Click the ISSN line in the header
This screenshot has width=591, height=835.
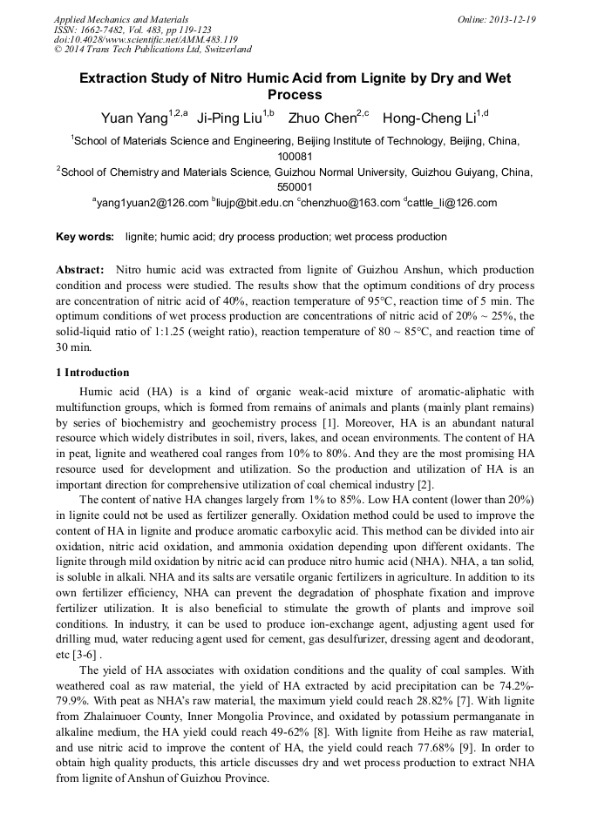[121, 29]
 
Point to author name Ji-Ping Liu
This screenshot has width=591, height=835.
[228, 118]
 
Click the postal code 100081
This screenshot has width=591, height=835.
[295, 156]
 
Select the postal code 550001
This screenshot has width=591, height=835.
[295, 187]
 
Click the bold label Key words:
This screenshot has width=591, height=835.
[85, 237]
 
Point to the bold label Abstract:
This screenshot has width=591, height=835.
[81, 271]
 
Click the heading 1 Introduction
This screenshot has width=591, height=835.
[92, 373]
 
